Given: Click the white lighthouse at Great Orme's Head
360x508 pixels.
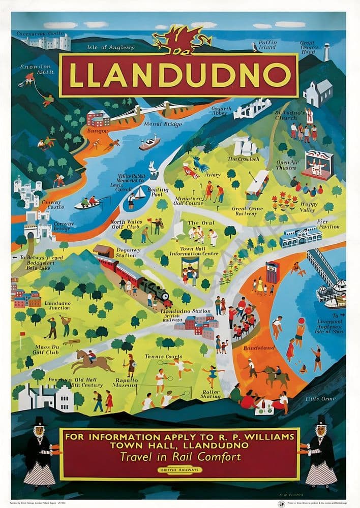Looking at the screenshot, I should [326, 51].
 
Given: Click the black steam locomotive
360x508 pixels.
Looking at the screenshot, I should [156, 291].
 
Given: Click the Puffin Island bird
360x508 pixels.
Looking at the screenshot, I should [253, 47].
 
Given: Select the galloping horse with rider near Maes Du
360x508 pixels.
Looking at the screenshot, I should [92, 362].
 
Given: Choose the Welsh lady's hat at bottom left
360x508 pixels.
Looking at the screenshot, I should [39, 421].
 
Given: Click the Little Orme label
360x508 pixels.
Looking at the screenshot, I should [320, 399].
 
